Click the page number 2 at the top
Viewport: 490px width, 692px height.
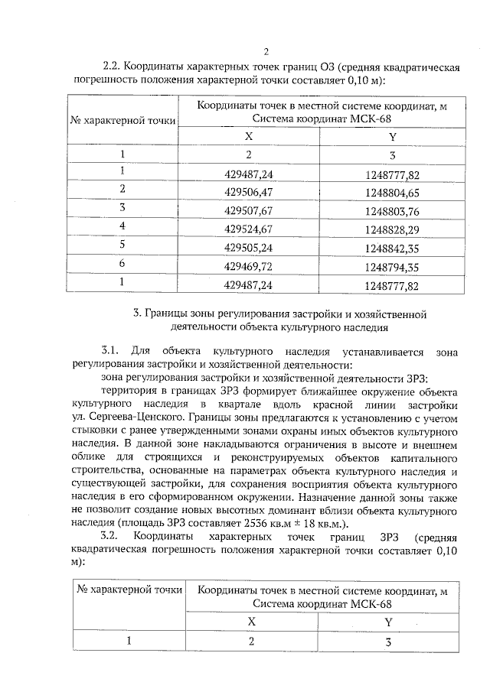tap(266, 52)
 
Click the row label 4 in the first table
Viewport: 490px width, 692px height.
tap(122, 227)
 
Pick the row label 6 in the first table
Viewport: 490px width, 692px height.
tap(122, 265)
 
